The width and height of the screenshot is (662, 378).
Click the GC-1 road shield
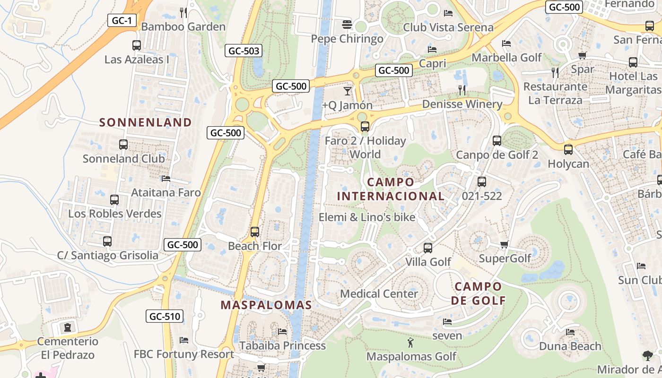click(x=122, y=20)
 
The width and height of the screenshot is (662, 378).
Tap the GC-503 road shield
click(x=244, y=51)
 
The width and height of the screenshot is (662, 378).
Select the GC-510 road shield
click(x=165, y=316)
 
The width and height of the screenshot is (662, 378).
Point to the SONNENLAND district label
click(x=146, y=122)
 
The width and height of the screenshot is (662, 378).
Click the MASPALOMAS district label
click(x=266, y=305)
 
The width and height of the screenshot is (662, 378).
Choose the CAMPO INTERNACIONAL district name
click(x=391, y=189)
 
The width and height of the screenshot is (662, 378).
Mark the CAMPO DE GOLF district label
click(x=478, y=293)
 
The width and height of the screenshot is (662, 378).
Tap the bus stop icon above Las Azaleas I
click(x=137, y=45)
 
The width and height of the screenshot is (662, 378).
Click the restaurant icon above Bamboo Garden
click(x=183, y=12)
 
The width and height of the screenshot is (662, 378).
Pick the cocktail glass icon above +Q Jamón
click(x=348, y=91)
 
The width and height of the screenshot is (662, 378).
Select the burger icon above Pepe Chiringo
click(x=348, y=24)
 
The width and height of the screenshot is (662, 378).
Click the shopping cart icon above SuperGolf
click(x=505, y=244)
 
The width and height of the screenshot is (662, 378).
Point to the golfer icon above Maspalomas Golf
click(x=410, y=342)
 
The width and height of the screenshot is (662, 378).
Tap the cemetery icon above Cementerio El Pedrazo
click(x=68, y=327)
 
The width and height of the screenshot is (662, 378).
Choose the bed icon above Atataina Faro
click(x=165, y=179)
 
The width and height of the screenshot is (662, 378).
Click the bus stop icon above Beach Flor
click(x=255, y=232)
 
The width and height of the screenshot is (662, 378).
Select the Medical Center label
click(x=379, y=293)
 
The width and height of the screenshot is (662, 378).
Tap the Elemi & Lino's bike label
click(x=367, y=217)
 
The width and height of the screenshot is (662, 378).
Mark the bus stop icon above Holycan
click(x=568, y=150)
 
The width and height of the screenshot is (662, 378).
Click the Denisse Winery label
click(x=462, y=104)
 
